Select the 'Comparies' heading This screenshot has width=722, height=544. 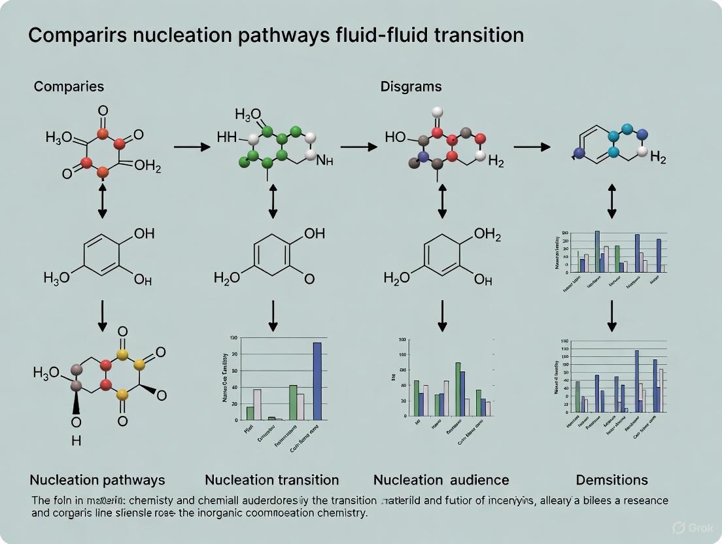coord(69,86)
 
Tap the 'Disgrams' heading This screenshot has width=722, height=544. coord(411,86)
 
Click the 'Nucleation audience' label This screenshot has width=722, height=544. coord(441,480)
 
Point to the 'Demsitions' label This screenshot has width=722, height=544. coord(611,480)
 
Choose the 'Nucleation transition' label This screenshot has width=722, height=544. coord(272,480)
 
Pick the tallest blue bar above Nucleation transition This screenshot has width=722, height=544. coord(317,381)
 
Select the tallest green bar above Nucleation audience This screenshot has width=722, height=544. coord(458,389)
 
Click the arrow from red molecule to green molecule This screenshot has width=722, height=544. coord(192,146)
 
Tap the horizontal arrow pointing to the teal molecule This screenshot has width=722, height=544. coord(531,146)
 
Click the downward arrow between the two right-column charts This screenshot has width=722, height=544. coord(612,316)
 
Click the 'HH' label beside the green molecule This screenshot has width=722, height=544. coord(227,138)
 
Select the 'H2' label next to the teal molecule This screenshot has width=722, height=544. coord(657,159)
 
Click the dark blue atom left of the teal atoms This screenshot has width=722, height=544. coord(578,154)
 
